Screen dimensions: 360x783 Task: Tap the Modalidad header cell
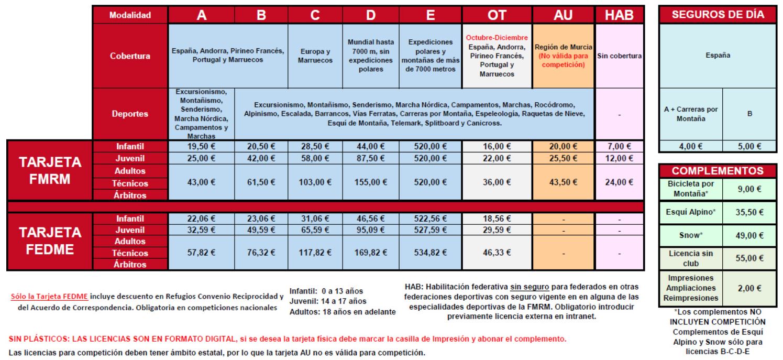[x=130, y=16]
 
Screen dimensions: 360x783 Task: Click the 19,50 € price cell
[x=202, y=147]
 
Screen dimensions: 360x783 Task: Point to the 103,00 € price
[x=315, y=182]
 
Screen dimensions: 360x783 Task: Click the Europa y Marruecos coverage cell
[x=315, y=56]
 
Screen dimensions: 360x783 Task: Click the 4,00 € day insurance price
[x=690, y=147]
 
